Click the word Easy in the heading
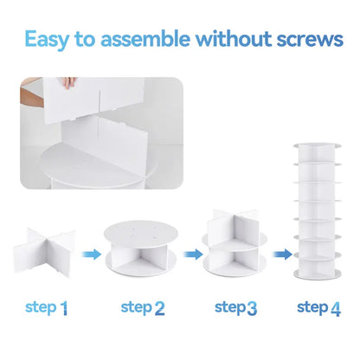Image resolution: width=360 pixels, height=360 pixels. click(50, 39)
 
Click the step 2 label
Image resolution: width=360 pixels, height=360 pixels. click(143, 307)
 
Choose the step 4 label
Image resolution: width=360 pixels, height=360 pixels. click(318, 307)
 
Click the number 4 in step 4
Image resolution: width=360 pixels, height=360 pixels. click(337, 307)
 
